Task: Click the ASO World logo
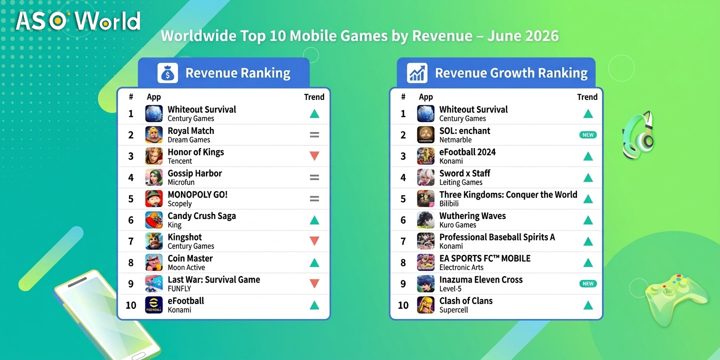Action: [x=78, y=21]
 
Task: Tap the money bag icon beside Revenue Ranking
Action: [x=167, y=73]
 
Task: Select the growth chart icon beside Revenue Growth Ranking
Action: [x=417, y=73]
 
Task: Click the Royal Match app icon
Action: [x=154, y=134]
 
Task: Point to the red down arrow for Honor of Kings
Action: [x=314, y=156]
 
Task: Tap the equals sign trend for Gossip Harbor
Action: [x=314, y=177]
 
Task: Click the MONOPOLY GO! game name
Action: [x=197, y=194]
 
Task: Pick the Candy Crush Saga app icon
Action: [x=154, y=220]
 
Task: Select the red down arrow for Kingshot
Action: [x=314, y=241]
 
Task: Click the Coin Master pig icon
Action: [x=154, y=262]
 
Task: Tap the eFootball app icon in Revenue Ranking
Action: [x=154, y=304]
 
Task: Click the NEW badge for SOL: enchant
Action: [x=588, y=135]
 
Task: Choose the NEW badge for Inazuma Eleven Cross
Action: [x=588, y=283]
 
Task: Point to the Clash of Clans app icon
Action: [x=425, y=304]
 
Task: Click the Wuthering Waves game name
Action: [x=472, y=215]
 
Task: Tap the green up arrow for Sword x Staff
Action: [x=588, y=177]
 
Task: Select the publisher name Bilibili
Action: [x=449, y=203]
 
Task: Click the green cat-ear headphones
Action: [x=638, y=135]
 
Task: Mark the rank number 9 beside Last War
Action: [x=131, y=284]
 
